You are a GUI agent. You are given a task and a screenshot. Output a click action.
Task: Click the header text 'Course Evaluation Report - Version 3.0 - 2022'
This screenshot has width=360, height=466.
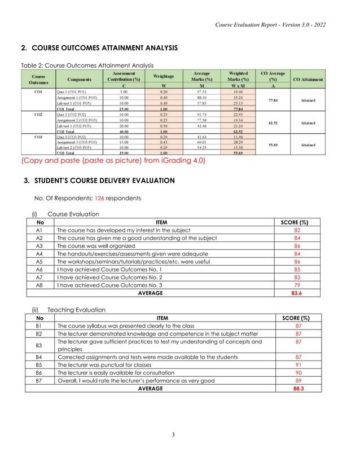point(270,25)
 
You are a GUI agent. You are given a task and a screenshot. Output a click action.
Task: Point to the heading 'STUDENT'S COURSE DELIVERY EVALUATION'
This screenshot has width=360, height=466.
point(104,181)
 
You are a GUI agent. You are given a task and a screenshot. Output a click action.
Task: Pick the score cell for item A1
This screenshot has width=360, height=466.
point(297,230)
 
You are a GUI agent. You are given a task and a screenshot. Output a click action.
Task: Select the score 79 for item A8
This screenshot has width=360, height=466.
point(297,285)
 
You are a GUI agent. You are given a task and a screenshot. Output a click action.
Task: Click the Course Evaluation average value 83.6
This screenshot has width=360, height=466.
point(297,293)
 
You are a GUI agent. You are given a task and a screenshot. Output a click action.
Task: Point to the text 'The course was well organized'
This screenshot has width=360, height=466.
point(99,246)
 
